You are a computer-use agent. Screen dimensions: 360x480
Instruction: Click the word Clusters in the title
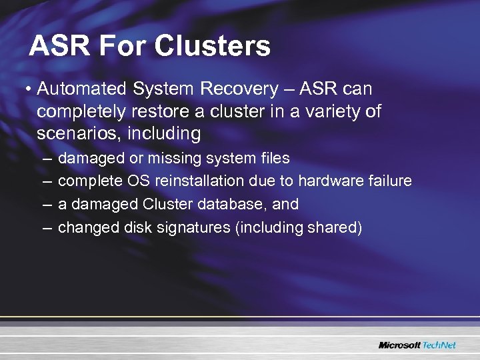tap(212, 47)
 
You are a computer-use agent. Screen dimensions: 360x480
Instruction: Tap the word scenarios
tap(73, 134)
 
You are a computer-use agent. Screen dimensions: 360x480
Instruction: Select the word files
tap(274, 159)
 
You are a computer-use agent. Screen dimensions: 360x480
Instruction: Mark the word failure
tap(389, 181)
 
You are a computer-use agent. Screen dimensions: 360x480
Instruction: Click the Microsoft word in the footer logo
tap(399, 345)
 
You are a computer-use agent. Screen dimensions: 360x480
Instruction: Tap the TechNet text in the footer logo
tap(440, 345)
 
